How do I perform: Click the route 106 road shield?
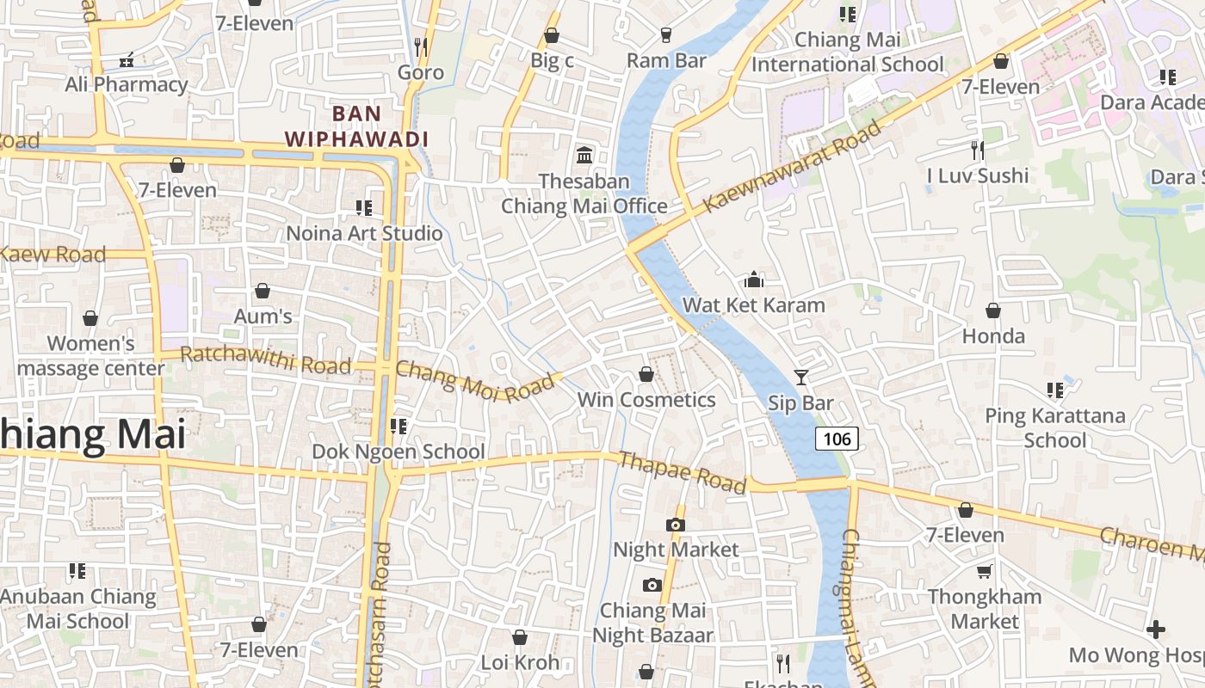tap(837, 439)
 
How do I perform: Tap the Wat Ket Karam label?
tap(753, 305)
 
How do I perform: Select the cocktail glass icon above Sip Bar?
tap(801, 377)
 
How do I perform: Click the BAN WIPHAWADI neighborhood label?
tap(356, 126)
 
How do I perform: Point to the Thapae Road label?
tap(682, 473)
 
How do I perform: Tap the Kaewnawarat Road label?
tap(793, 167)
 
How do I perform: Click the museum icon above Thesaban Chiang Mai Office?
tap(584, 156)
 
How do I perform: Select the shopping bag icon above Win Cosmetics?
tap(646, 374)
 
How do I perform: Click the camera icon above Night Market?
tap(676, 525)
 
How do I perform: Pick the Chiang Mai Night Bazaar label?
tap(652, 623)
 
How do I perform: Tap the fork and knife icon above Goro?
tap(421, 46)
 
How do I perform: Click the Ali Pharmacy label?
tap(127, 84)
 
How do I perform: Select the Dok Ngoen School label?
tap(399, 451)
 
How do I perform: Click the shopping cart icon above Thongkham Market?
tap(985, 572)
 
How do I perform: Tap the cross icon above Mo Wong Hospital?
tap(1156, 630)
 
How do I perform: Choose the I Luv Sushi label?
tap(977, 175)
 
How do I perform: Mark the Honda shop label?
tap(993, 335)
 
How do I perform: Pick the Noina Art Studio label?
tap(364, 233)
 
